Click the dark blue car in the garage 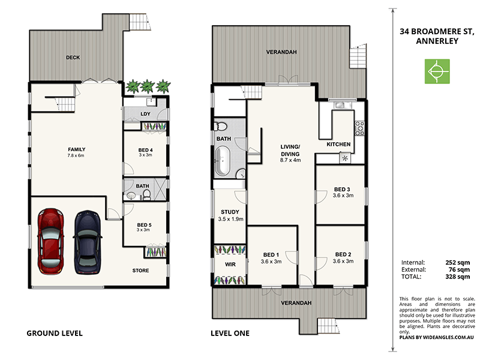pyautogui.click(x=87, y=241)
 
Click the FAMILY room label pyautogui.click(x=76, y=149)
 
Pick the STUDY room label pyautogui.click(x=230, y=212)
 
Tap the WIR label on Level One pyautogui.click(x=230, y=263)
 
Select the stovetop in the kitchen pyautogui.click(x=359, y=127)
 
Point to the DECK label pyautogui.click(x=73, y=58)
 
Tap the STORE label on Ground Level pyautogui.click(x=140, y=271)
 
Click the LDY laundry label pyautogui.click(x=145, y=113)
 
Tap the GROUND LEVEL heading pyautogui.click(x=55, y=333)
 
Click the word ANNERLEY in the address pyautogui.click(x=436, y=41)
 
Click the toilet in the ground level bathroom pyautogui.click(x=131, y=196)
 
